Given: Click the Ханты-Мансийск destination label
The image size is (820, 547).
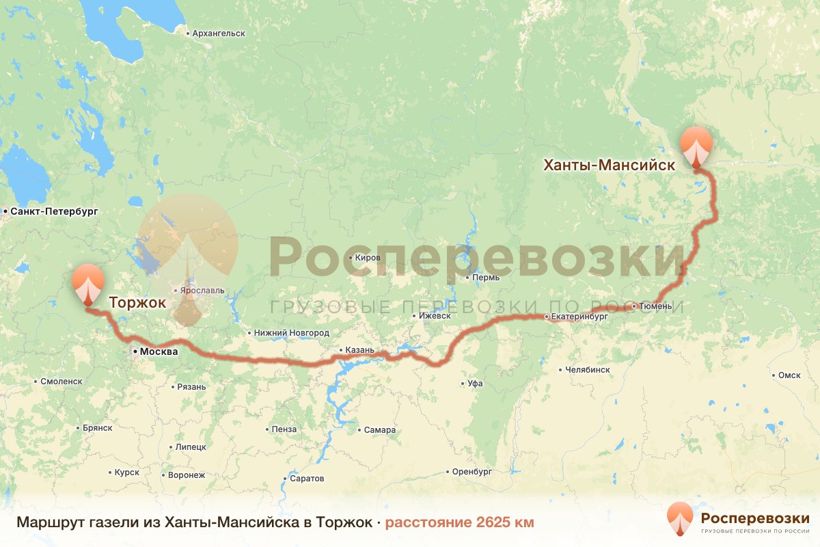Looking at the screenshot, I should click(609, 165).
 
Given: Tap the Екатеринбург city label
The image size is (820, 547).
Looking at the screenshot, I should click(579, 317).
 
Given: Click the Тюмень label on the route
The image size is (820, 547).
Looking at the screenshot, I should click(658, 306).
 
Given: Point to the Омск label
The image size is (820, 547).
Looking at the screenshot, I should click(789, 375).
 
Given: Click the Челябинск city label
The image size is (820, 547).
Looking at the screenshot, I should click(588, 370).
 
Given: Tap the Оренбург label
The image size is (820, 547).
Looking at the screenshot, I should click(471, 472).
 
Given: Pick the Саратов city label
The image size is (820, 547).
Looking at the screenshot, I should click(307, 478).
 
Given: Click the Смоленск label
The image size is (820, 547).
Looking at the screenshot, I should click(61, 382).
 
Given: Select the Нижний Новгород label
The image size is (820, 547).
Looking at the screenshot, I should click(291, 333).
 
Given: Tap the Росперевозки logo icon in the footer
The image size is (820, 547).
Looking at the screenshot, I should click(680, 519).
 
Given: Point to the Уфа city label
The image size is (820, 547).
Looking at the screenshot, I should click(475, 384).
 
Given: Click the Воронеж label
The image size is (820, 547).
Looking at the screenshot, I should click(186, 475).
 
